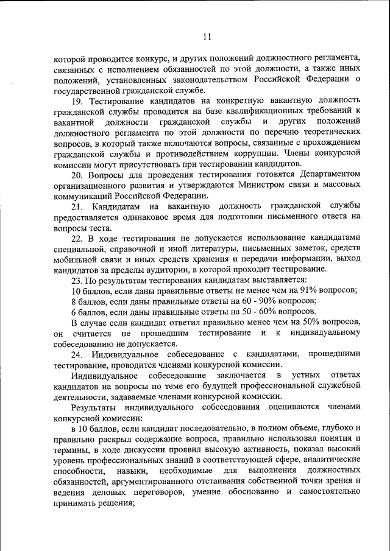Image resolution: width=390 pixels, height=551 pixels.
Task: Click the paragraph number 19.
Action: pos(77,100)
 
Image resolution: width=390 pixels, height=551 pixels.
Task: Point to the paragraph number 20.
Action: pos(77,175)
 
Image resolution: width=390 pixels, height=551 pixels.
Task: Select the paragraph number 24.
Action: pos(77,354)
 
